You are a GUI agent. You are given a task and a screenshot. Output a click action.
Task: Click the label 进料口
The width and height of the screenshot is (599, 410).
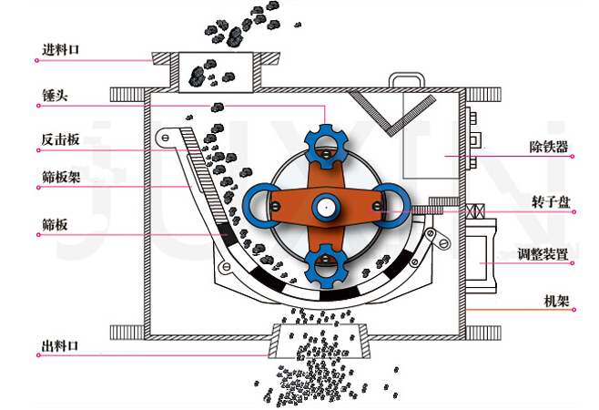(x=60, y=50)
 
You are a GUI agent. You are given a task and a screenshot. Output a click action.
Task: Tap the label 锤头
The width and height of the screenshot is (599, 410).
(x=55, y=96)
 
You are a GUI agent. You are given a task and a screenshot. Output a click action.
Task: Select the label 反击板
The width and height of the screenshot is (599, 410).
(x=60, y=139)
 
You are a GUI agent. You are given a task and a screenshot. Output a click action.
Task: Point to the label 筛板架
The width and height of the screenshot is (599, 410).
(x=61, y=177)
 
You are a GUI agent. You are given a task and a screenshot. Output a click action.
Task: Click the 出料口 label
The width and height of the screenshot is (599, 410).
(x=59, y=345)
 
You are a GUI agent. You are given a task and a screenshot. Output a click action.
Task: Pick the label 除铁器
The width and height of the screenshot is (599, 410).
(x=549, y=147)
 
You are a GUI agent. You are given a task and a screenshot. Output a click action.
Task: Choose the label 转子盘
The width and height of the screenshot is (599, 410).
(x=551, y=202)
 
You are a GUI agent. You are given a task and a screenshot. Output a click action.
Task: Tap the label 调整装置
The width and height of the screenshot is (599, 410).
(x=543, y=254)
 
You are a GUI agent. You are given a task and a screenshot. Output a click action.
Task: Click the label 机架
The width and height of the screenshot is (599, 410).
(x=556, y=301)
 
